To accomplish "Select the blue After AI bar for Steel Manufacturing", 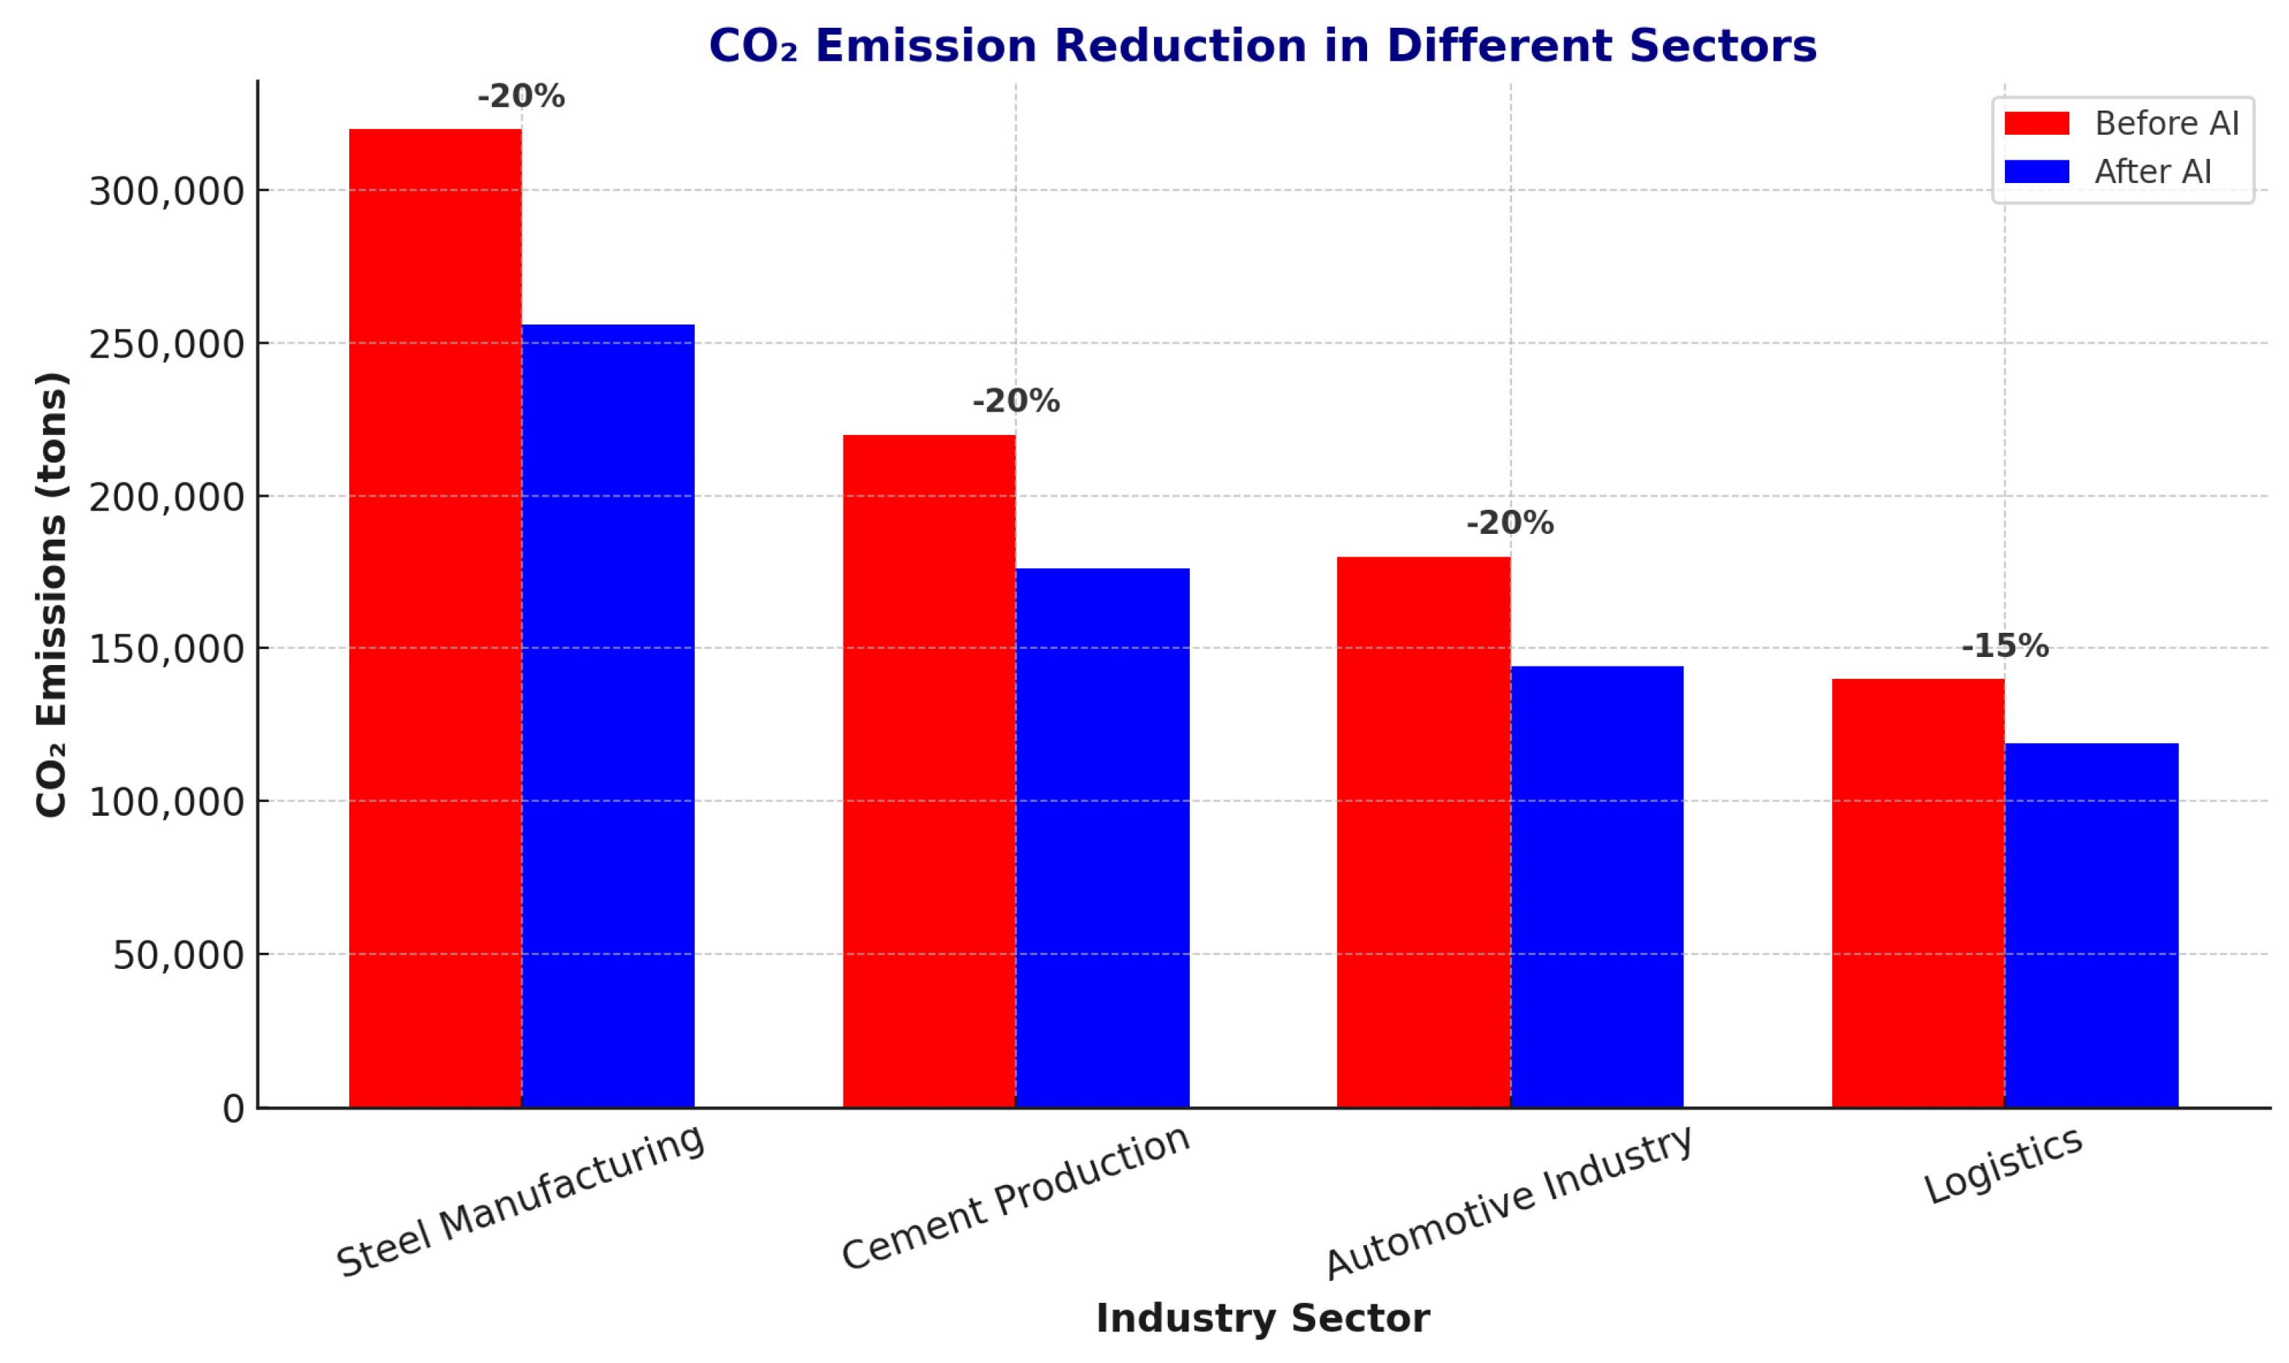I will [608, 716].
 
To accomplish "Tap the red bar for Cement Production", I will [928, 770].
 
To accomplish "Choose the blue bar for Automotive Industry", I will [1597, 886].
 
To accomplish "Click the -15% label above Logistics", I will [2003, 646].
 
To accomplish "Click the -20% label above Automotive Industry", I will [1509, 524].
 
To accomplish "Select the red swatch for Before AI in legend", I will [2036, 123].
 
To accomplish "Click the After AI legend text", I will [2151, 172].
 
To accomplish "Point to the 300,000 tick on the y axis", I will [166, 192].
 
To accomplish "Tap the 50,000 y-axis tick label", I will [178, 956].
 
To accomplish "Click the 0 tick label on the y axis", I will [233, 1110].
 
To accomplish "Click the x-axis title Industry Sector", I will [1262, 1318].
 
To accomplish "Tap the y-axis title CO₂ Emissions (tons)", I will [51, 594].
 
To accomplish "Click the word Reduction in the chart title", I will [1180, 46].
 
